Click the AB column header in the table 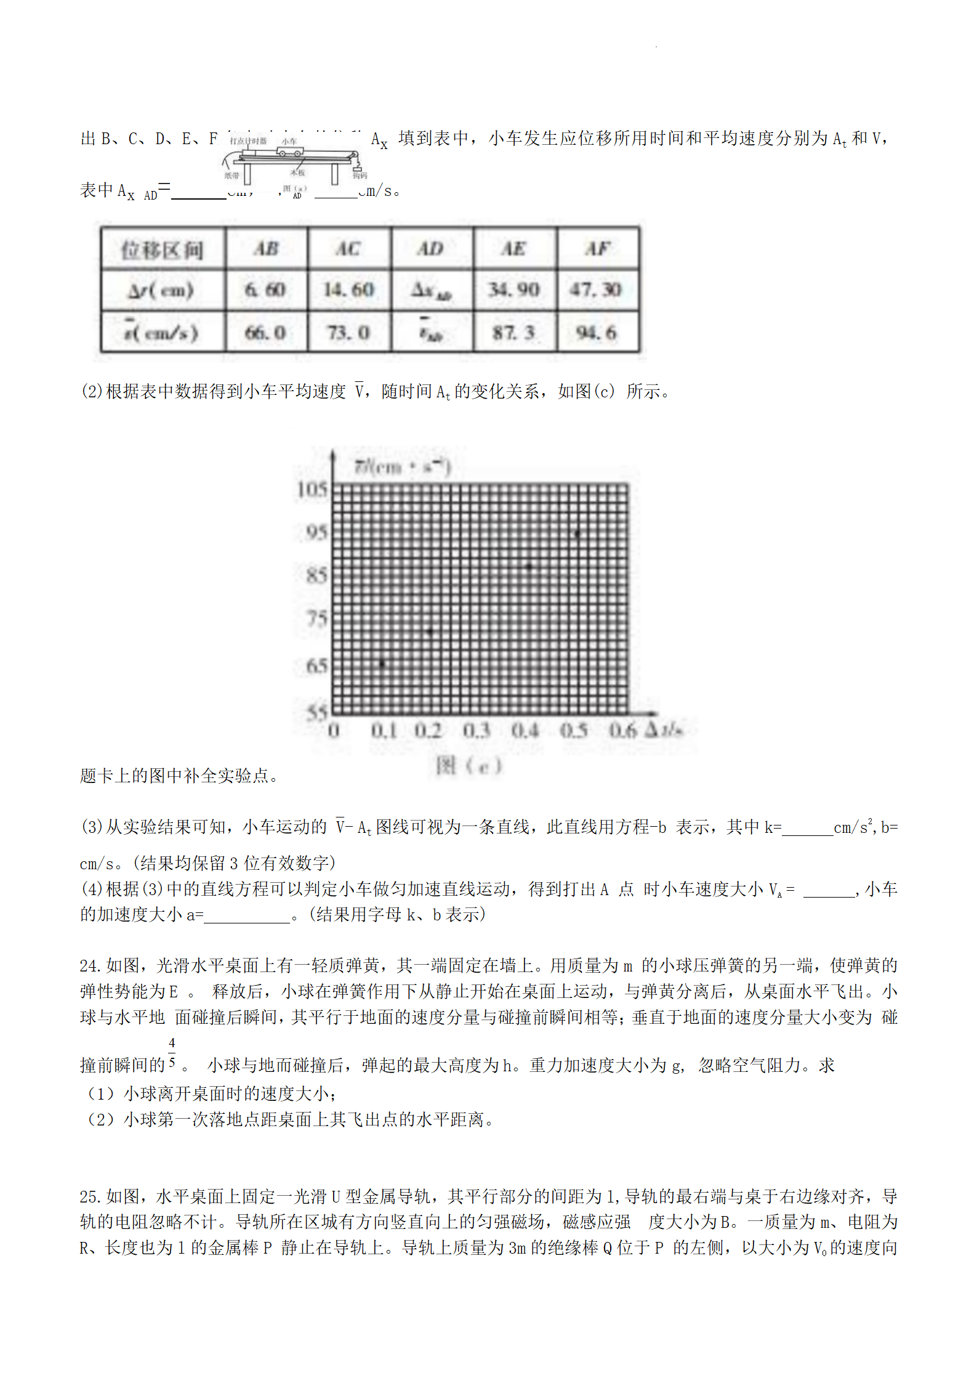point(266,248)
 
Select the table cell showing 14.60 point(349,290)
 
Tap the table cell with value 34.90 point(514,290)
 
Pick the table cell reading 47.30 point(597,290)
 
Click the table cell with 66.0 point(266,333)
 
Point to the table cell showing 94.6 point(597,333)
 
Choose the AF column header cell point(598,248)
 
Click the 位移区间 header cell point(162,249)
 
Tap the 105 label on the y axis point(312,489)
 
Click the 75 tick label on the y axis point(316,618)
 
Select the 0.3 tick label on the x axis point(476,731)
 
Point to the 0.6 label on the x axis point(622,731)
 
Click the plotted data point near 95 point(577,533)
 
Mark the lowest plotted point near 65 point(382,663)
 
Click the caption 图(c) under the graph point(468,766)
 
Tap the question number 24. point(90,966)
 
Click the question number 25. point(90,1196)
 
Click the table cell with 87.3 point(514,333)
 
